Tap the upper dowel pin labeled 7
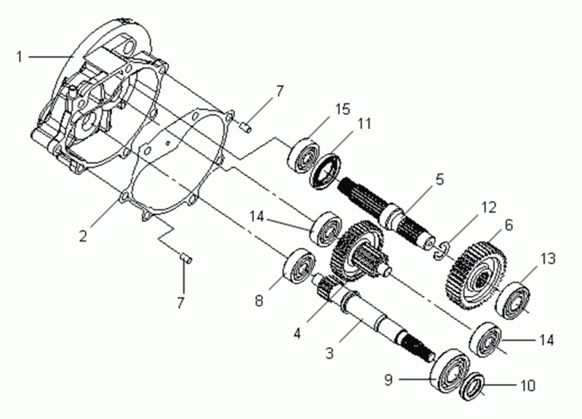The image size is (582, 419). point(246,127)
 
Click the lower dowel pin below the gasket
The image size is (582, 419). point(185,256)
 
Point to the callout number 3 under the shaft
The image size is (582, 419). point(330,354)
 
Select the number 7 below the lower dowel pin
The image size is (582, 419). point(180,300)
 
